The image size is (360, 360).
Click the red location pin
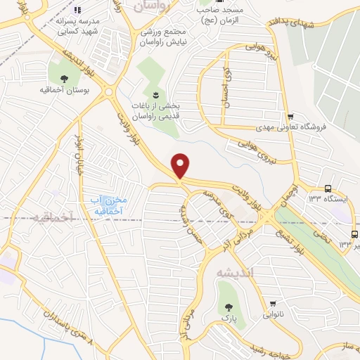point(181,166)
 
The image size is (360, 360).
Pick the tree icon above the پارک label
point(228,306)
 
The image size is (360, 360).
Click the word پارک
point(228,318)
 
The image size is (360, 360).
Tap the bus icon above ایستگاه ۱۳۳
point(328,188)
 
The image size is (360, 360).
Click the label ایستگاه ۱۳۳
point(323,199)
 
